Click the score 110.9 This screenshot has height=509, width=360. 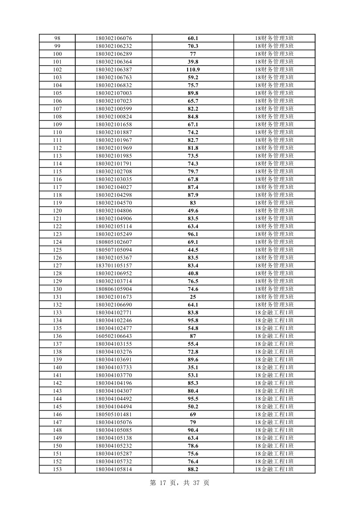click(x=193, y=70)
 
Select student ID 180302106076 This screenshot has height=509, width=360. click(x=114, y=38)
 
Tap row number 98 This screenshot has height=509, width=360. click(x=57, y=38)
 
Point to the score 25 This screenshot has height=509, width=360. click(x=193, y=297)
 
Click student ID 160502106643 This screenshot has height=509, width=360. click(x=114, y=336)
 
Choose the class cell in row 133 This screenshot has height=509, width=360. click(x=274, y=313)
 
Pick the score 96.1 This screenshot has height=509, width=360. click(x=193, y=234)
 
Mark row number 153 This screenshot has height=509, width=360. click(x=57, y=469)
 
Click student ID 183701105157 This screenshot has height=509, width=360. click(x=114, y=266)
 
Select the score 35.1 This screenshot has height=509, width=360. click(x=193, y=367)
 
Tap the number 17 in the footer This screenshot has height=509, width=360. click(x=164, y=483)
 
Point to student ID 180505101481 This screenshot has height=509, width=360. click(x=114, y=415)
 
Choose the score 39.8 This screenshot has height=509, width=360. click(x=193, y=62)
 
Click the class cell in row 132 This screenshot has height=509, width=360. click(x=274, y=305)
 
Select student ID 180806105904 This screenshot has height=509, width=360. click(x=114, y=289)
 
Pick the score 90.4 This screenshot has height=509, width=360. click(x=193, y=430)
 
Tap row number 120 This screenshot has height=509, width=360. click(x=57, y=211)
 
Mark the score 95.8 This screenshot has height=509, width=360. click(x=193, y=320)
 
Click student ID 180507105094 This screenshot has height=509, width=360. click(x=114, y=250)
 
